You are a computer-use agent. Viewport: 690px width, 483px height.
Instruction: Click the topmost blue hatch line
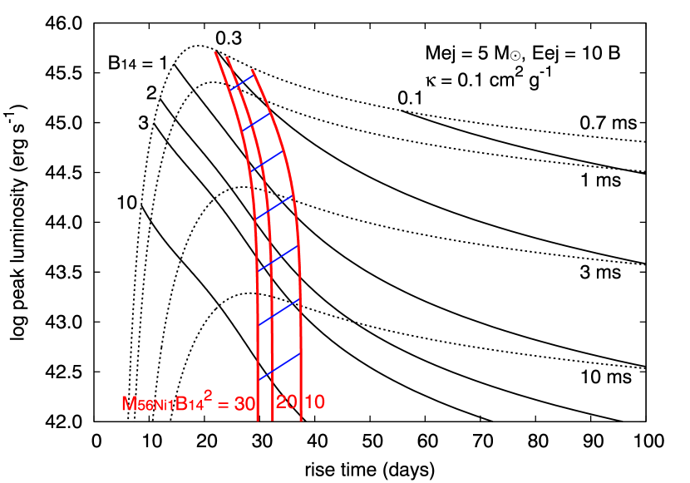(x=241, y=82)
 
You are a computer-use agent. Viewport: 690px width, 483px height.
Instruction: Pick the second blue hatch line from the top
(x=256, y=121)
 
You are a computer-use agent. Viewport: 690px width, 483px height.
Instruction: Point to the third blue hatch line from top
(x=267, y=161)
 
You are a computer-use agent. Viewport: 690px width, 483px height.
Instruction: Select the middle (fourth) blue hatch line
(x=274, y=206)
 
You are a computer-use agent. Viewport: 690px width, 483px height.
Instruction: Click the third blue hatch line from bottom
(x=278, y=258)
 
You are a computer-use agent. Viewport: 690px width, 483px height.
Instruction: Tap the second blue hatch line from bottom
(x=278, y=312)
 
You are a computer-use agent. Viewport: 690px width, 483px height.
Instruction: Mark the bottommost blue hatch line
(x=279, y=366)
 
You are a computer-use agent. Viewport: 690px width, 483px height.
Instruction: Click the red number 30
(x=244, y=404)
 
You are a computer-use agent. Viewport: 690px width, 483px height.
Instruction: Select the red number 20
(x=286, y=402)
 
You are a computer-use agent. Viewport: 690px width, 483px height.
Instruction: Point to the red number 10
(x=315, y=402)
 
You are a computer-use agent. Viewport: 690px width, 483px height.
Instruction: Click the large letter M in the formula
(x=129, y=404)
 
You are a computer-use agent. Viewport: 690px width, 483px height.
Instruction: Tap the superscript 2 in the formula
(x=208, y=397)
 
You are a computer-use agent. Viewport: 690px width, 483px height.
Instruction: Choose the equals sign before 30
(x=223, y=405)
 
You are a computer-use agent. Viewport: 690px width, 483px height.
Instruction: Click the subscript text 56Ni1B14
(x=170, y=407)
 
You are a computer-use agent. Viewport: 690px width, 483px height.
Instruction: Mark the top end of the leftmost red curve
(x=215, y=53)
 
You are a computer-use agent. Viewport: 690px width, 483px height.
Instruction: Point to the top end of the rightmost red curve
(x=252, y=70)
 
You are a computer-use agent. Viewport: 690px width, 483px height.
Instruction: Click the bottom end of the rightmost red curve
(x=300, y=420)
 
